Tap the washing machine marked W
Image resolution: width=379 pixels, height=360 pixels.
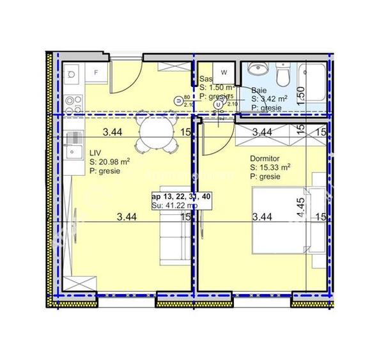224,73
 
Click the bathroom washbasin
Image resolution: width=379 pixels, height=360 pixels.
257,69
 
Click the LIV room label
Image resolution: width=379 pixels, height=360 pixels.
96,153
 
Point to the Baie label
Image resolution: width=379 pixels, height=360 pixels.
259,90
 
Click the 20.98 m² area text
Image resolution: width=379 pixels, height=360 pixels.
114,162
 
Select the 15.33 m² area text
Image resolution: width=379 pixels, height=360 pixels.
277,167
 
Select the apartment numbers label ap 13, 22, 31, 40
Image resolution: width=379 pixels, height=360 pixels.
182,196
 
